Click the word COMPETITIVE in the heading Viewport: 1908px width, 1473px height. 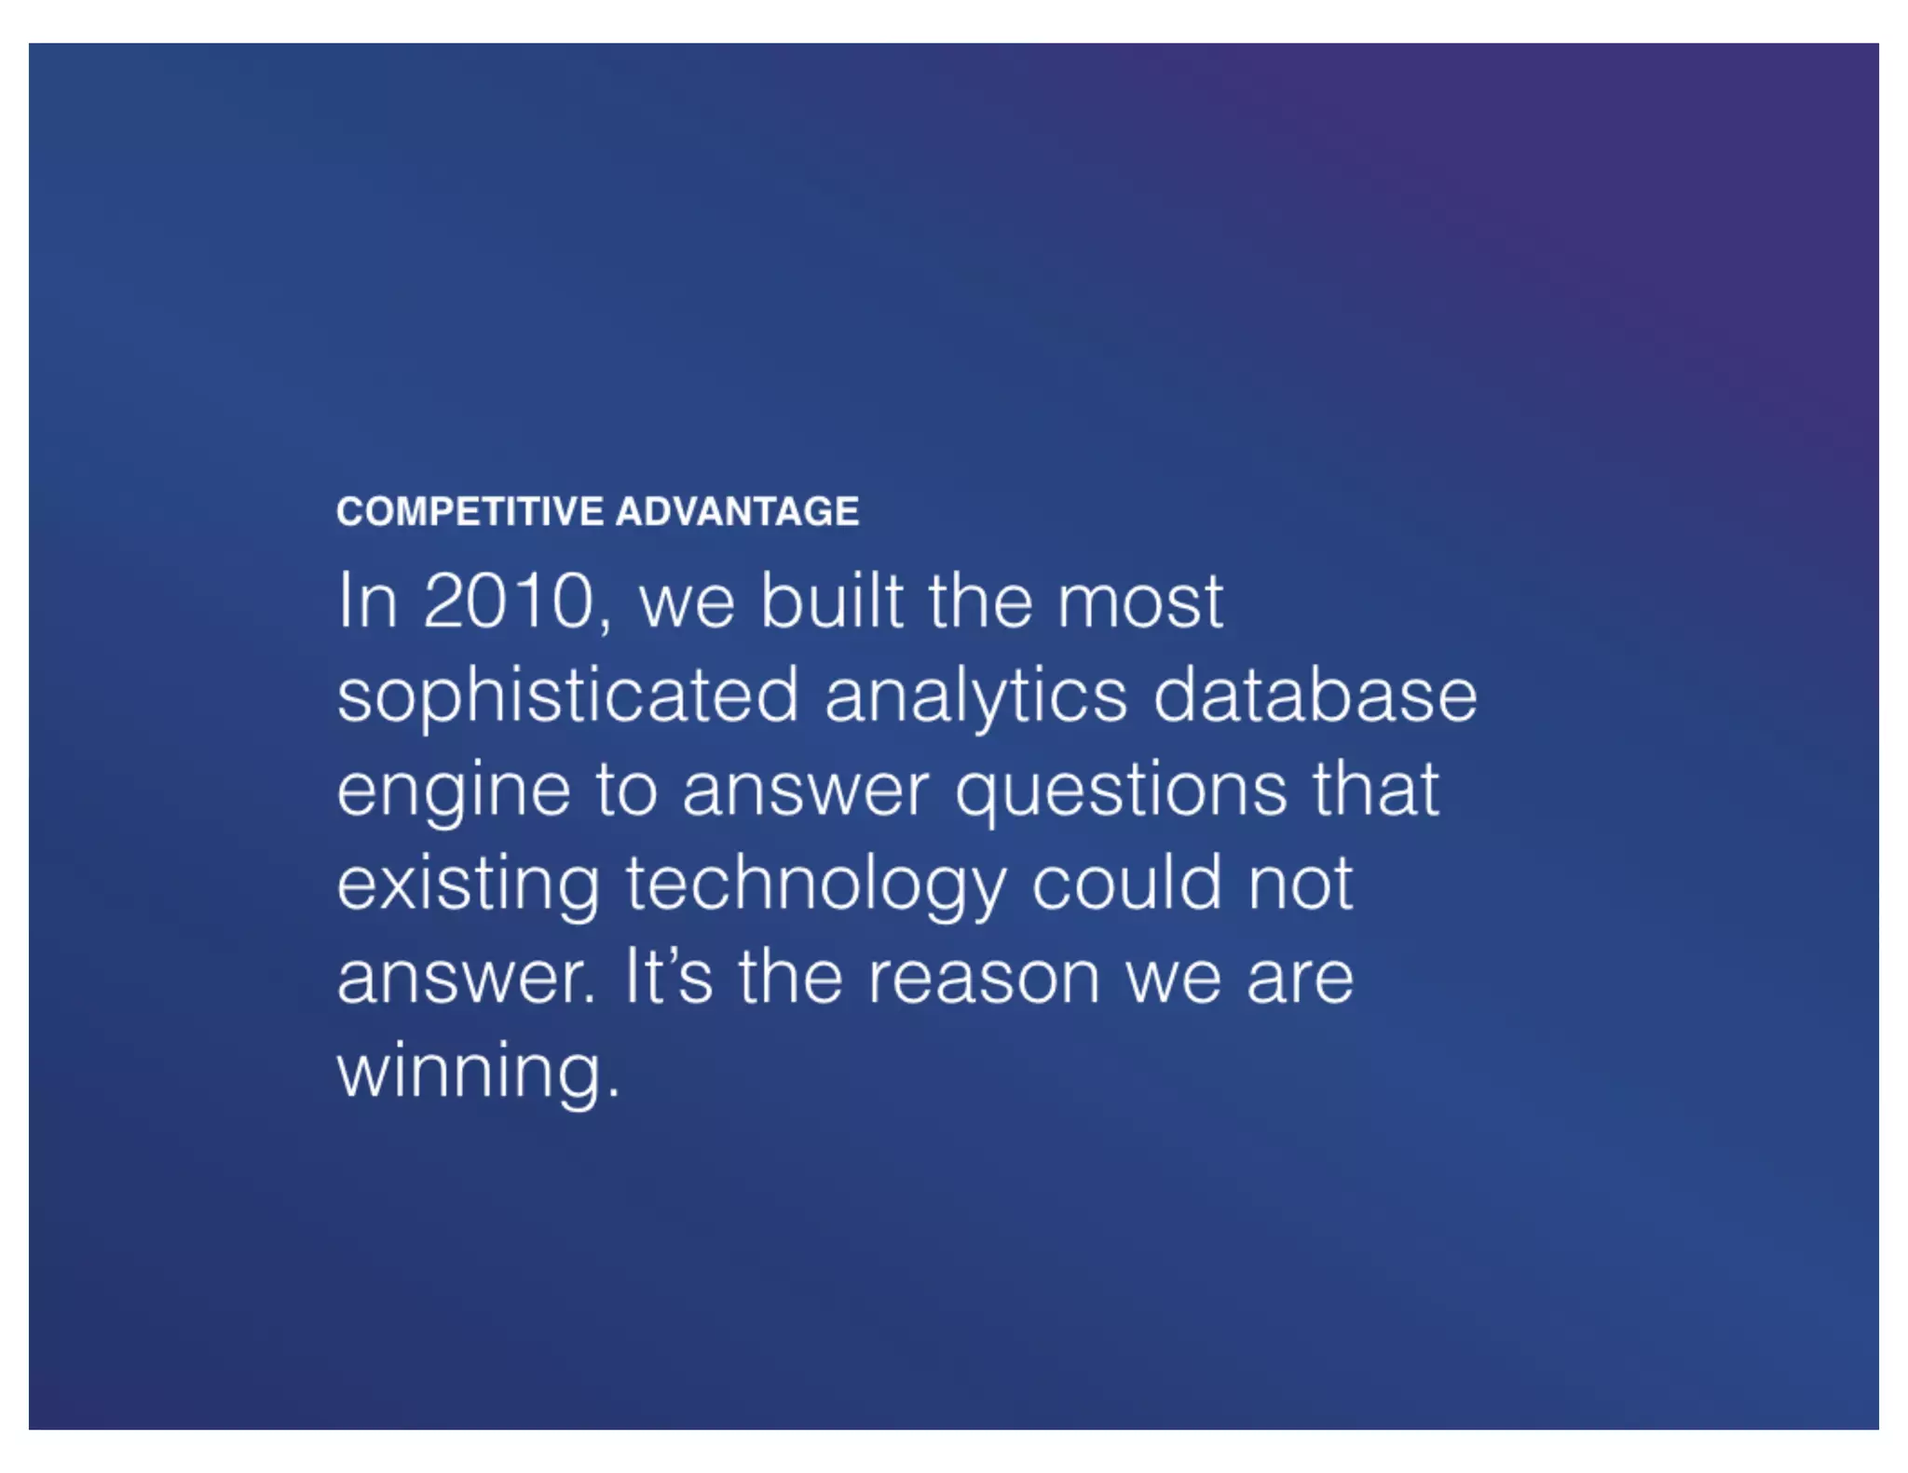pos(470,511)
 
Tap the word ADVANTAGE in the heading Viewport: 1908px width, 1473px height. pos(737,511)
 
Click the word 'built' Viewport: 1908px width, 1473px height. pos(832,601)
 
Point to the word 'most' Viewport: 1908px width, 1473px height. pos(1139,601)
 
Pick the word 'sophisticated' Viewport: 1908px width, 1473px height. pos(567,696)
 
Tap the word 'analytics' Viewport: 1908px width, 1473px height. pos(975,696)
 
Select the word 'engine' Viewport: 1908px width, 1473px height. pos(453,791)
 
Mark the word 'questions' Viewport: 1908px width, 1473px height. pos(1122,791)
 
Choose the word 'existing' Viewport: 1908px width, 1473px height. pos(468,885)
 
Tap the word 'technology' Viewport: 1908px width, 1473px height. pos(816,885)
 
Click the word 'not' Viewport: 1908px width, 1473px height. pos(1301,885)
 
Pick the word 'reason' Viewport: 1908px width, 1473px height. pos(984,980)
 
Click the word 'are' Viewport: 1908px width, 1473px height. pos(1300,980)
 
